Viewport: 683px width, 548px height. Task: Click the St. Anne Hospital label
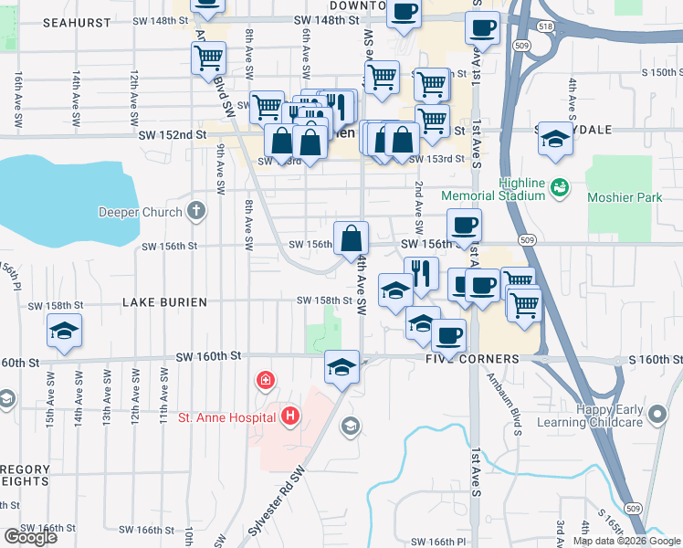point(227,417)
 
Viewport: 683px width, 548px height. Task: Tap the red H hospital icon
point(291,417)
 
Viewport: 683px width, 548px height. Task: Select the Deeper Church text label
point(140,213)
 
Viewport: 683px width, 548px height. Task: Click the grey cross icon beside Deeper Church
point(195,212)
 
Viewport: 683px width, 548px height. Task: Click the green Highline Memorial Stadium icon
point(561,187)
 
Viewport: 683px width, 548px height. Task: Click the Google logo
point(30,537)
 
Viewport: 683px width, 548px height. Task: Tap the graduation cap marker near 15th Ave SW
point(64,331)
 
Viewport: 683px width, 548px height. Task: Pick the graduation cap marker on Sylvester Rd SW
point(341,367)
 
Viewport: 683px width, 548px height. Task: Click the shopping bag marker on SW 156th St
point(352,239)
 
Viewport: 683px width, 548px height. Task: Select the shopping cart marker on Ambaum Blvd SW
point(209,58)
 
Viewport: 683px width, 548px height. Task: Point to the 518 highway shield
point(546,28)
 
